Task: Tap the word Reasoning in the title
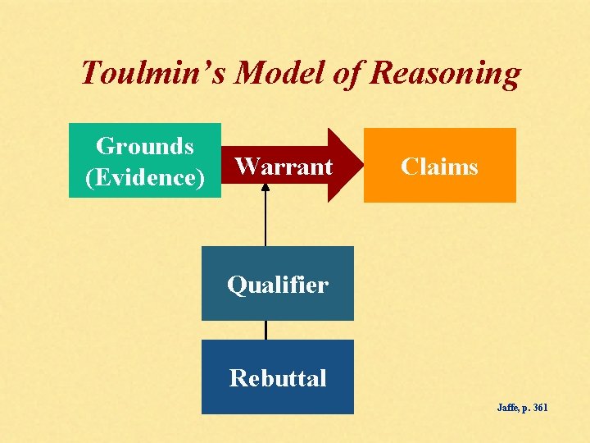point(445,74)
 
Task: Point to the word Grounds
point(145,146)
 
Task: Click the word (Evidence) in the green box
point(145,177)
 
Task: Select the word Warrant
point(284,167)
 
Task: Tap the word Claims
point(439,167)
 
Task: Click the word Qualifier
point(278,285)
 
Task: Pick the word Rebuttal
point(278,378)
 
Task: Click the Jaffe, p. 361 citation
point(523,408)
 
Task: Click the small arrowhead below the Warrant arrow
point(265,186)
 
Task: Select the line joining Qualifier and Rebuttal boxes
point(265,330)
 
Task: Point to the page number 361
point(539,408)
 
